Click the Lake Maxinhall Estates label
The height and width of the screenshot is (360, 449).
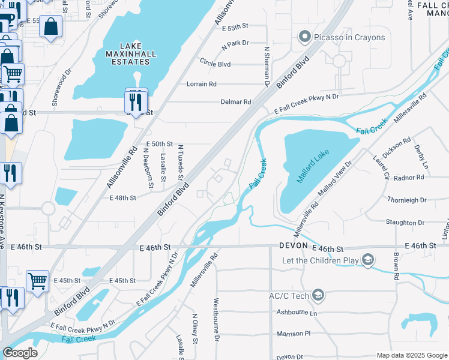[130, 53]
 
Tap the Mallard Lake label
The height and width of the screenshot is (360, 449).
[313, 168]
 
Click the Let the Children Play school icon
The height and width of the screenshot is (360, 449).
[367, 259]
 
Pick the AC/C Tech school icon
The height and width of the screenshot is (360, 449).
[318, 295]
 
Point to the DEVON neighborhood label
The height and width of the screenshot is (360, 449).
[293, 247]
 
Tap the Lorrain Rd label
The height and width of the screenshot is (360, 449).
[201, 84]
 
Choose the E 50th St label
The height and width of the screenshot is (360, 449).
[160, 145]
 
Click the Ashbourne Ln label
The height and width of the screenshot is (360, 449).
[296, 313]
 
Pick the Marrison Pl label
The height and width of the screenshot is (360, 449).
[294, 334]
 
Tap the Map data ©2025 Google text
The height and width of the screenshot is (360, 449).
[411, 355]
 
